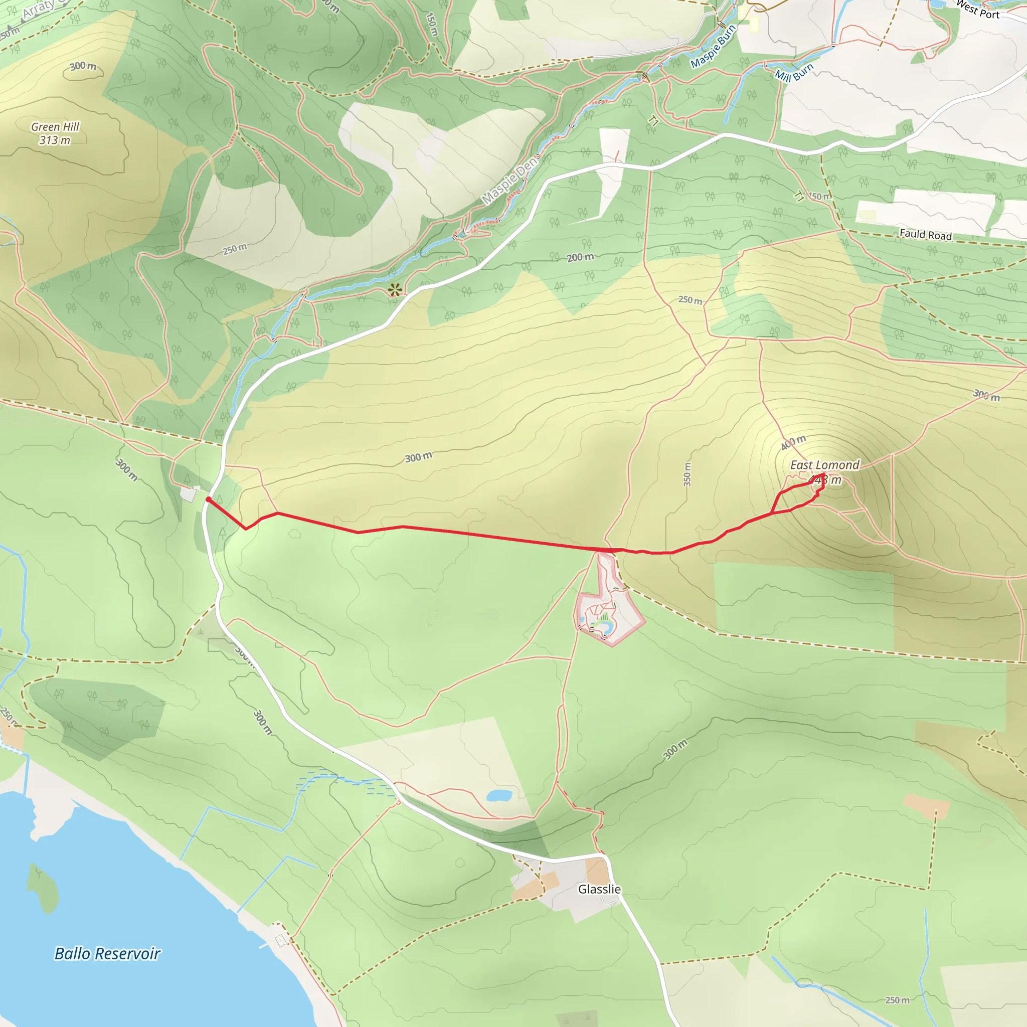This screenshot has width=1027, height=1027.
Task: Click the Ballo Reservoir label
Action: (x=107, y=954)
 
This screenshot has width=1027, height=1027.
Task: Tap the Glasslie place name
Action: (x=599, y=889)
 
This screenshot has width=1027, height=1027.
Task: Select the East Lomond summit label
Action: (x=824, y=465)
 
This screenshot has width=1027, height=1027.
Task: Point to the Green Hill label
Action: (x=55, y=126)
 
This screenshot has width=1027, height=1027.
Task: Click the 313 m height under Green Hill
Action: (x=55, y=140)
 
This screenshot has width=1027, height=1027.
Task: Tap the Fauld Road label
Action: (x=926, y=234)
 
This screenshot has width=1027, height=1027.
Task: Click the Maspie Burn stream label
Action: (x=713, y=46)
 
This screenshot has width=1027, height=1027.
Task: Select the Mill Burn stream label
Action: (x=794, y=72)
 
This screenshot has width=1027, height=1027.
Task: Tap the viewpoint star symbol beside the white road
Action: (x=394, y=290)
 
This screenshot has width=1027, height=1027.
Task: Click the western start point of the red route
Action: (x=208, y=498)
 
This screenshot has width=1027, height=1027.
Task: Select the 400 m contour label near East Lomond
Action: (x=793, y=442)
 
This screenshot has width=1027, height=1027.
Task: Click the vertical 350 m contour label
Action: (x=687, y=474)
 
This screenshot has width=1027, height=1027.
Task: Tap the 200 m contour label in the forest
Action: (x=580, y=257)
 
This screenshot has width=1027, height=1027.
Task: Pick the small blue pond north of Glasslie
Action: (x=499, y=795)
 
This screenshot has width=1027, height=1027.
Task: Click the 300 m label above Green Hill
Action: (x=83, y=67)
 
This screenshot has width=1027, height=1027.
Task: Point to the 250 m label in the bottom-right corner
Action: (x=897, y=1000)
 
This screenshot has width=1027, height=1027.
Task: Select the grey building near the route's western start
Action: (x=188, y=494)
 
